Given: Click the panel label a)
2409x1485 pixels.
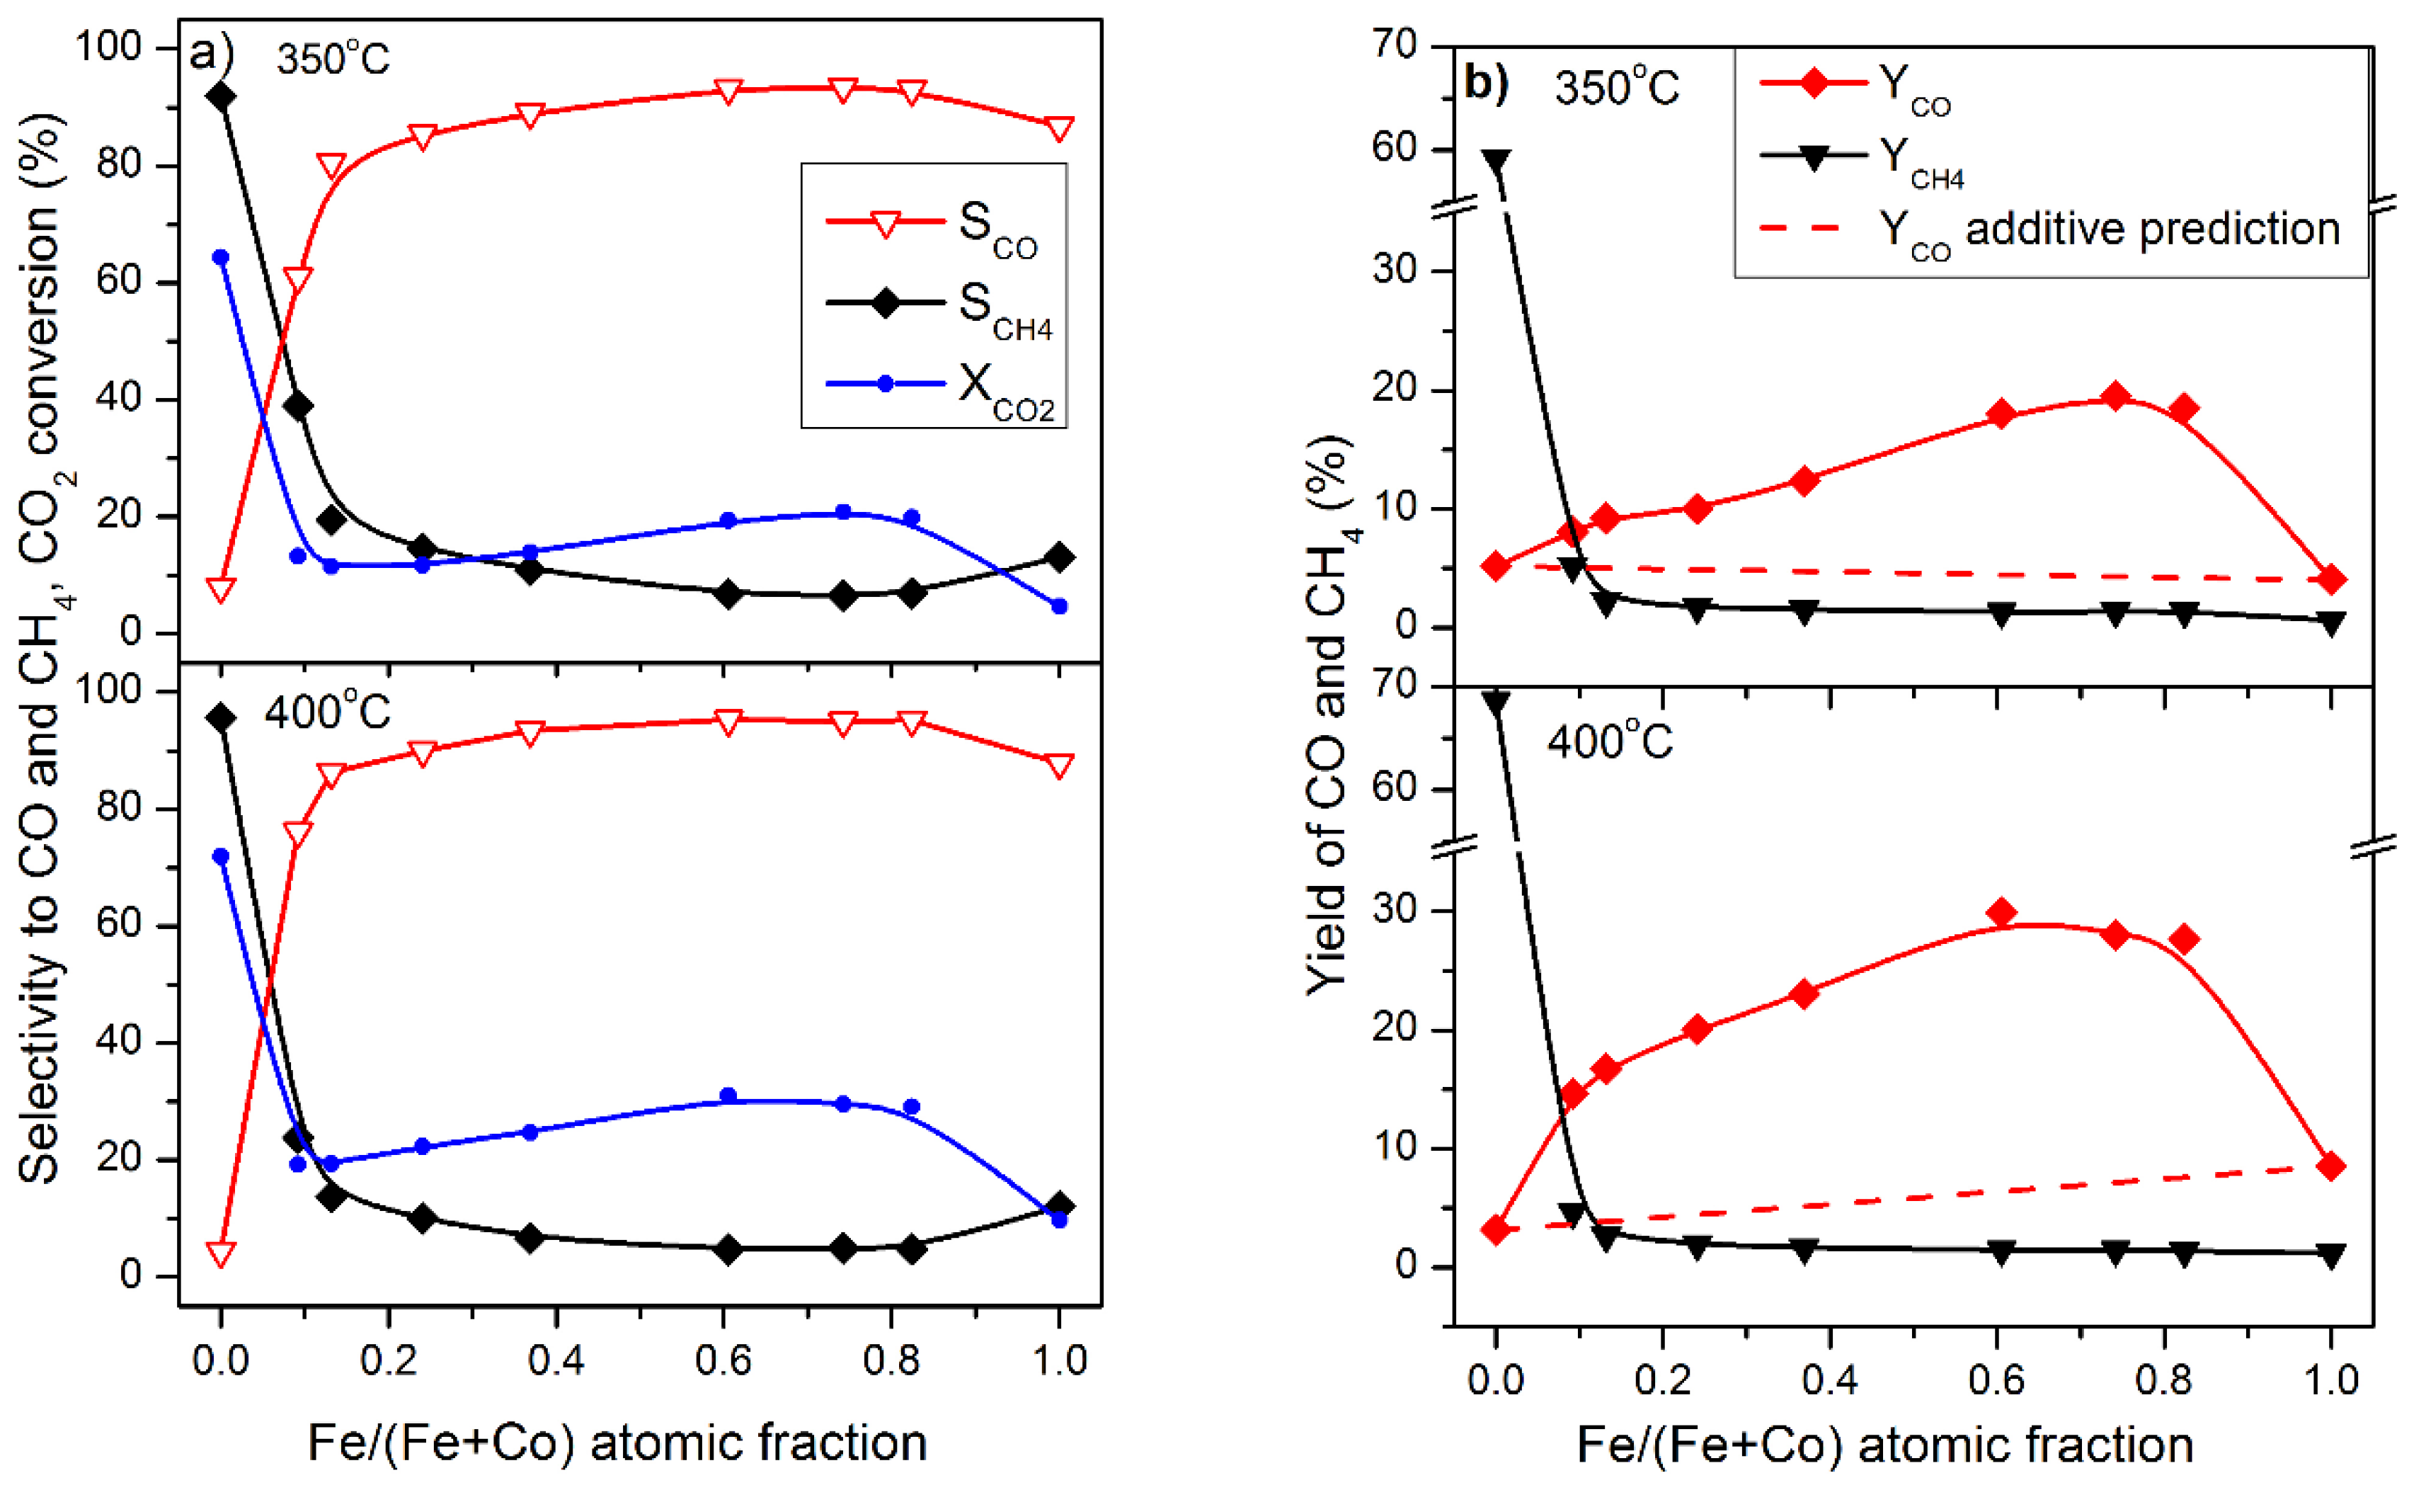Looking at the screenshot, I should point(210,54).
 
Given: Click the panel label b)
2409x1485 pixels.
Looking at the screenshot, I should point(1485,84).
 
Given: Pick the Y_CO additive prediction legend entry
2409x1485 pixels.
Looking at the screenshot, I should point(2047,232).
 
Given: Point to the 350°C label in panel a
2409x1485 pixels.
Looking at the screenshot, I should point(333,59).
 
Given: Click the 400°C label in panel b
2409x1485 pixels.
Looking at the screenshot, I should point(1609,741).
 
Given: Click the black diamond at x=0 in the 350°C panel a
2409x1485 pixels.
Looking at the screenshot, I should point(221,96).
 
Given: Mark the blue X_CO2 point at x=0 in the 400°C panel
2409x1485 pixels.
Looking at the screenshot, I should point(221,856).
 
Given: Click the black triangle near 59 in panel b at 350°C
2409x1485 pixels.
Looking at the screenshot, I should point(1495,160).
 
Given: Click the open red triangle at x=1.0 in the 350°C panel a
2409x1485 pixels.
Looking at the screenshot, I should point(1058,129).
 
